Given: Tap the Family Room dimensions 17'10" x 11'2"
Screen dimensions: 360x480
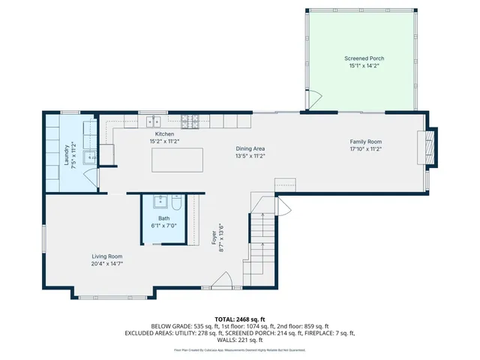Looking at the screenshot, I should (x=365, y=148).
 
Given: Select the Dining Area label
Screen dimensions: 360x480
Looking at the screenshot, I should (x=250, y=148).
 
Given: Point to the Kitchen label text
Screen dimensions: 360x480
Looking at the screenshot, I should (x=164, y=133).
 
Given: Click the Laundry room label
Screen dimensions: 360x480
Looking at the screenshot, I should (x=67, y=154).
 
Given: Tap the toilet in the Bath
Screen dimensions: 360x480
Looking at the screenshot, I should (x=175, y=203).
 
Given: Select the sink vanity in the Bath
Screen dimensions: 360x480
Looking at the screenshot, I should (x=160, y=202).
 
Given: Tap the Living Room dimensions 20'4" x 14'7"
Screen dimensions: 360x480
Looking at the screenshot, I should (x=106, y=263).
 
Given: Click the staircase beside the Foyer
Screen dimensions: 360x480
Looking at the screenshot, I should (x=260, y=240).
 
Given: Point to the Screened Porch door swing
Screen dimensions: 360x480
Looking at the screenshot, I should (x=314, y=100).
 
